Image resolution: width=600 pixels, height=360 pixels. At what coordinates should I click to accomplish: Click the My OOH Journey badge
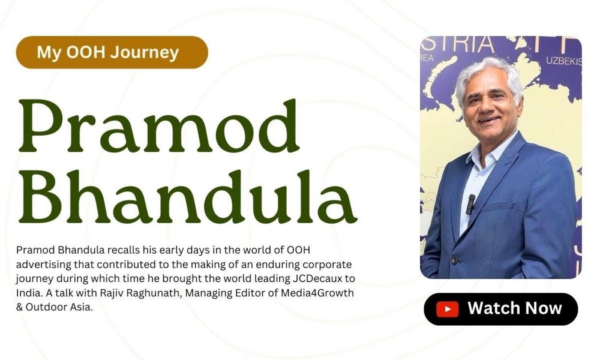(x=112, y=52)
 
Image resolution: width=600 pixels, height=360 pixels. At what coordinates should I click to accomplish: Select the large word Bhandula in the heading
(x=187, y=196)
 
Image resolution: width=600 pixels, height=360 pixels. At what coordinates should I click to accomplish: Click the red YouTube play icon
(x=448, y=309)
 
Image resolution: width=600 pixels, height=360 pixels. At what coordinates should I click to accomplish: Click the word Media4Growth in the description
(x=317, y=293)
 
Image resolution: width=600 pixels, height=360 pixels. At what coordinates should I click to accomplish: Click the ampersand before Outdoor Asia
(x=20, y=307)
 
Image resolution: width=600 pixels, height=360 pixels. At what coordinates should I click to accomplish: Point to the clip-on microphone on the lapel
(x=470, y=203)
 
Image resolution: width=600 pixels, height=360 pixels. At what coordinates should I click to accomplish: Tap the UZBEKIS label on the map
(x=563, y=61)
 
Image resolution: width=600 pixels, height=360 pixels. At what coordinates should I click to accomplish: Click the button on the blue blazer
(x=454, y=261)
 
